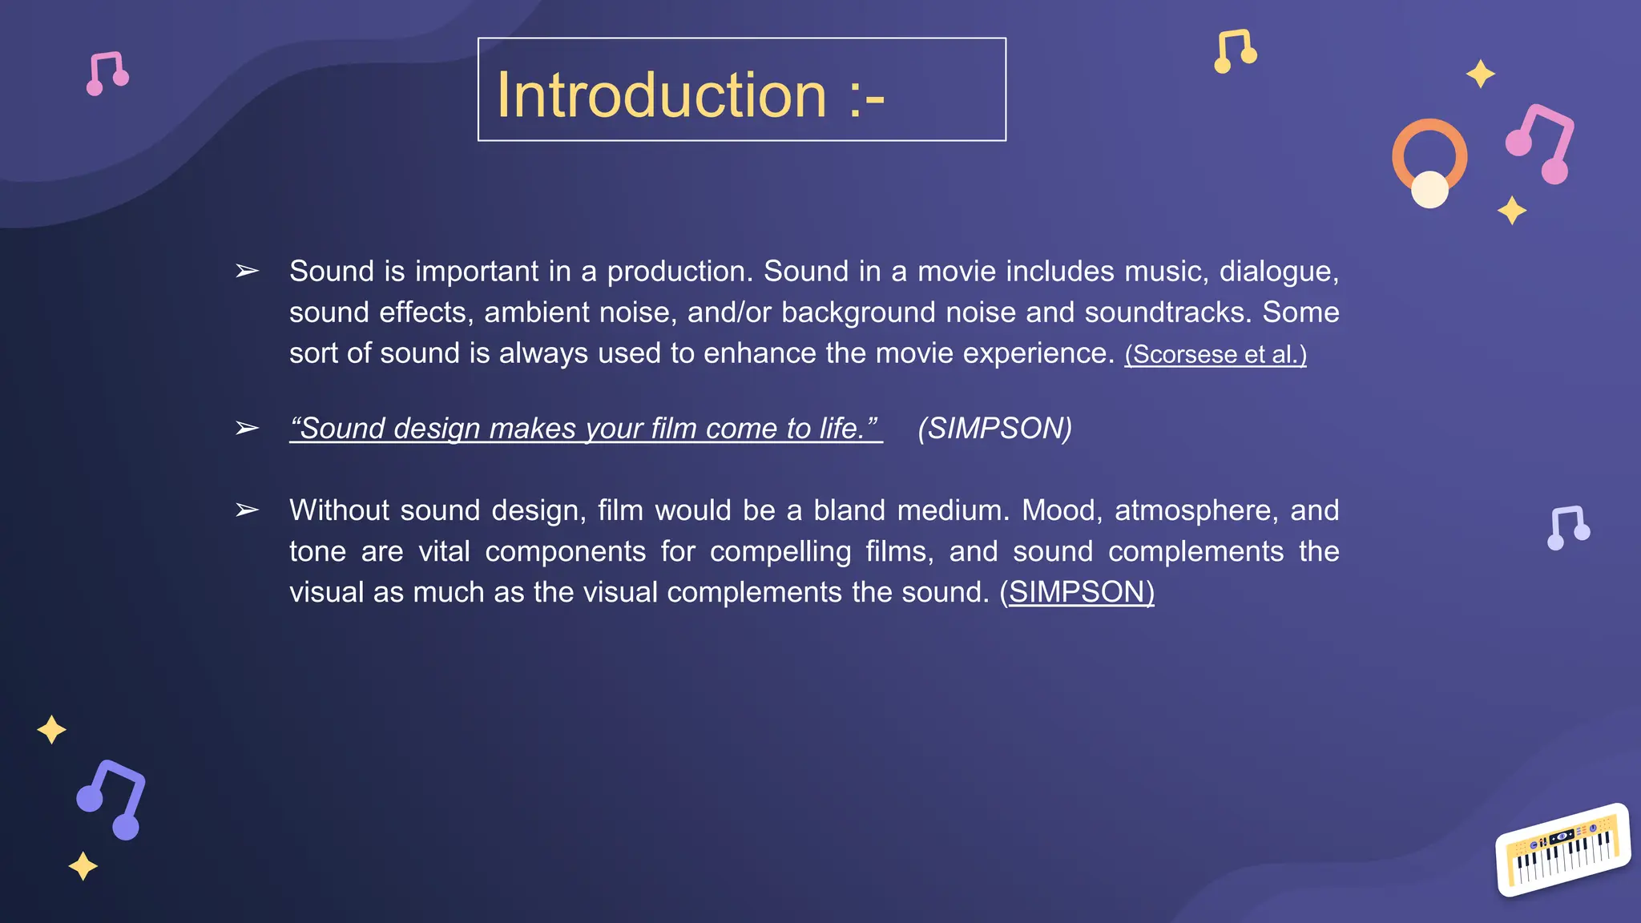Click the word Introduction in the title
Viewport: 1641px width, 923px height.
[x=661, y=95]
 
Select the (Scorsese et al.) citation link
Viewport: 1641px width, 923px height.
[x=1215, y=354]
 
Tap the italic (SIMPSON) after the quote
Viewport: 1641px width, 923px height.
[x=994, y=429]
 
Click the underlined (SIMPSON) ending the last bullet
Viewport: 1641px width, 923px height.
[x=1077, y=592]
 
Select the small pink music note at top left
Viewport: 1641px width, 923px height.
[x=107, y=73]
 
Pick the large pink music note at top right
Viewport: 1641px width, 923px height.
[x=1542, y=143]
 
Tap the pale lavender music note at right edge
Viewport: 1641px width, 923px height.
[x=1568, y=527]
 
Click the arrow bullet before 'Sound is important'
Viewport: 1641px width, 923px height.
[x=247, y=272]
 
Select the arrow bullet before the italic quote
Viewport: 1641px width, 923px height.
[x=247, y=429]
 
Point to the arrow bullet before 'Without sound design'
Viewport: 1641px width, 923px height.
[x=247, y=510]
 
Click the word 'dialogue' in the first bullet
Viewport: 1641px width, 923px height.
[x=1278, y=272]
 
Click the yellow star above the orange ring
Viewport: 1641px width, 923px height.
[x=1480, y=74]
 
